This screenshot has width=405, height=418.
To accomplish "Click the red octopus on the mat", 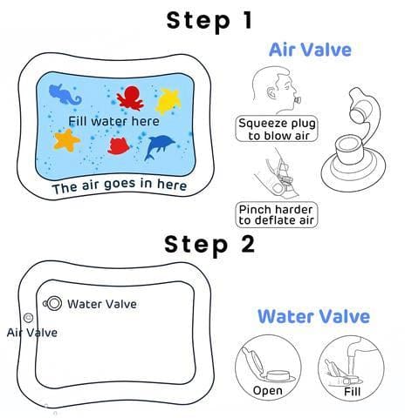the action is pyautogui.click(x=130, y=98).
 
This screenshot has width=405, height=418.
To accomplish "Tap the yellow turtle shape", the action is pyautogui.click(x=168, y=100).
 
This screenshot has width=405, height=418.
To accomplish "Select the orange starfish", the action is pyautogui.click(x=66, y=140).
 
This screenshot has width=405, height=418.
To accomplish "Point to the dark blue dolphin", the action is pyautogui.click(x=159, y=147).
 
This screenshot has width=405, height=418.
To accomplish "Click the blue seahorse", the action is pyautogui.click(x=65, y=95).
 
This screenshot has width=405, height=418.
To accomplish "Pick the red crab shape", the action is pyautogui.click(x=119, y=146).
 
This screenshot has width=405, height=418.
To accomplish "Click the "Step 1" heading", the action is pyautogui.click(x=209, y=21).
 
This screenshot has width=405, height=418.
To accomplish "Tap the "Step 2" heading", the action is pyautogui.click(x=209, y=245).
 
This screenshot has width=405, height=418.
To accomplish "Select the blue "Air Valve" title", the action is pyautogui.click(x=310, y=50).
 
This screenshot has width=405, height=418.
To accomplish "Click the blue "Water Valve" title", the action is pyautogui.click(x=314, y=316).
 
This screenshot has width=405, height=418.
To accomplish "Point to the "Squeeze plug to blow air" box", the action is pyautogui.click(x=277, y=129).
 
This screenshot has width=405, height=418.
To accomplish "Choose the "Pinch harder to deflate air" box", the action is pyautogui.click(x=277, y=215).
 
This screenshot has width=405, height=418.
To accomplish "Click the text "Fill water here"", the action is pyautogui.click(x=113, y=121).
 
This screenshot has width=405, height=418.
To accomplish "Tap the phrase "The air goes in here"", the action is pyautogui.click(x=120, y=186).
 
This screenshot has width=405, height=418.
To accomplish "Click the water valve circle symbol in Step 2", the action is pyautogui.click(x=53, y=304).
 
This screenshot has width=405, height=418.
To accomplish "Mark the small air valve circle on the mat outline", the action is pyautogui.click(x=28, y=318).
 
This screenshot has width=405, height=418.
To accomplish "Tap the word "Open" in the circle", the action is pyautogui.click(x=268, y=391).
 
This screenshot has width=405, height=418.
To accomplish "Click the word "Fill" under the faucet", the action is pyautogui.click(x=352, y=392).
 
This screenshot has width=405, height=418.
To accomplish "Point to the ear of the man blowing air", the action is pyautogui.click(x=271, y=93).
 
